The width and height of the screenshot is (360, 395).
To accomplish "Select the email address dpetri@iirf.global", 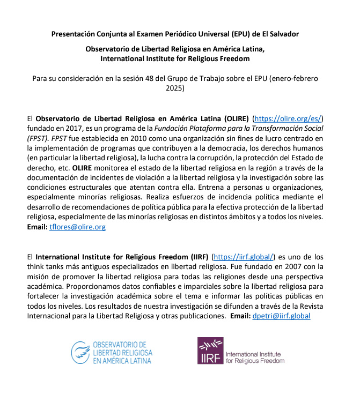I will click(282, 316).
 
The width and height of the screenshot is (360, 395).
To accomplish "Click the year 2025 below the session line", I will click(175, 88).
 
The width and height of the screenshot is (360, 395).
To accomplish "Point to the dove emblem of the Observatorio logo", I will click(81, 353).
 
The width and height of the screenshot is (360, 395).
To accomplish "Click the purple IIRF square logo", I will click(210, 352).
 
